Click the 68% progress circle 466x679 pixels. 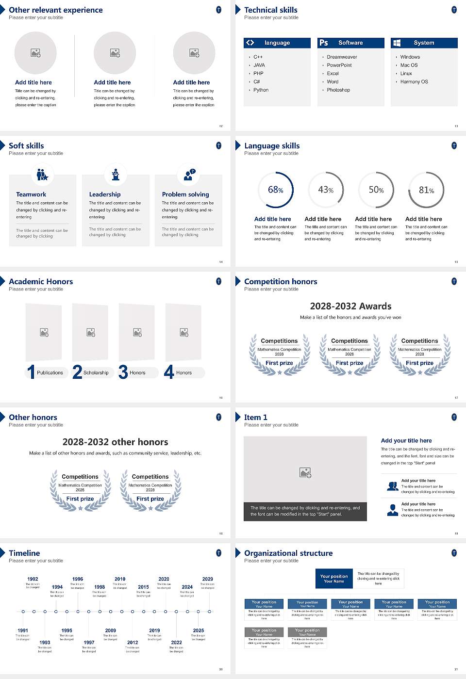(x=276, y=190)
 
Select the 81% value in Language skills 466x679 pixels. (x=426, y=190)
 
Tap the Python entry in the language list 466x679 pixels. (x=261, y=90)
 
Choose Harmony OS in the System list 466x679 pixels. (x=414, y=81)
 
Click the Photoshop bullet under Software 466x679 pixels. (x=338, y=90)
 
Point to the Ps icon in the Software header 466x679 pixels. (x=324, y=43)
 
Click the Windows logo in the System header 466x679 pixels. (x=397, y=43)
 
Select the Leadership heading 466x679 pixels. (x=105, y=194)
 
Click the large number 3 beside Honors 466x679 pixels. (x=123, y=372)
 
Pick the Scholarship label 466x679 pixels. (x=96, y=372)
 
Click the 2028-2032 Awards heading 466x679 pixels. (x=350, y=306)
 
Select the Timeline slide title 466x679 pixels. (x=24, y=553)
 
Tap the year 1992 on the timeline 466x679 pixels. (x=33, y=579)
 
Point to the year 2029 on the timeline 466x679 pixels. (x=207, y=579)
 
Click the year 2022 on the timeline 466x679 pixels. (x=176, y=642)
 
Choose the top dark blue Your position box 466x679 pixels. (x=334, y=579)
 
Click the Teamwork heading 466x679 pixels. (x=31, y=194)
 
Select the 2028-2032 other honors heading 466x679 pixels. (x=115, y=442)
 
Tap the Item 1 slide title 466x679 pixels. (x=255, y=417)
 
